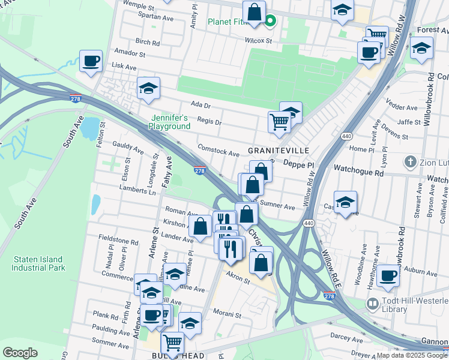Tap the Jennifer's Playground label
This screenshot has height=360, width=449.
[170, 122]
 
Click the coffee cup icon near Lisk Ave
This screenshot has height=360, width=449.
[91, 61]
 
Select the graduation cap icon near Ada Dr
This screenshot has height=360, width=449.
[148, 89]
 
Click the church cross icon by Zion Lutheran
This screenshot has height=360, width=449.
[410, 161]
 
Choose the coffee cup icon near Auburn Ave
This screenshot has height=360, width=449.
[388, 276]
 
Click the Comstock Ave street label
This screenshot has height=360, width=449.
[218, 151]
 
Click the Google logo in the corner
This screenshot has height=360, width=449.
[20, 353]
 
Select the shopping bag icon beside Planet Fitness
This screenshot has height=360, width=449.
[254, 12]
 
